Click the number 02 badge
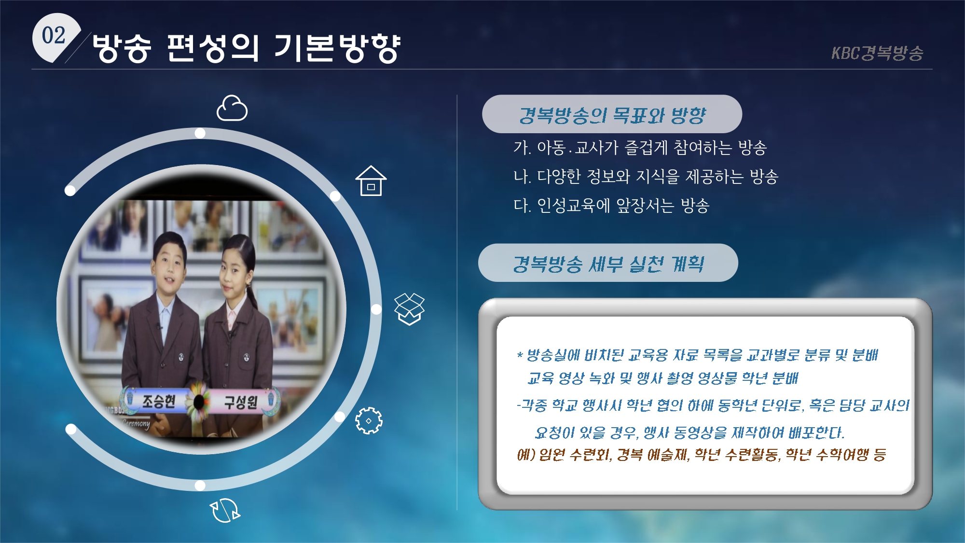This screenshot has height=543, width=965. (x=54, y=37)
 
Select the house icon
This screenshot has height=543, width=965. (x=371, y=181)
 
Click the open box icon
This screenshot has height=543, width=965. (x=409, y=309)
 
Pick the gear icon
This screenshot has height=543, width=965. (x=369, y=420)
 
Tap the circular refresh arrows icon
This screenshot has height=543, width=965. (x=225, y=510)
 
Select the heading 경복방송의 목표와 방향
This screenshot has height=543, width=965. (x=612, y=115)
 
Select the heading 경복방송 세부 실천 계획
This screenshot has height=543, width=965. (x=608, y=264)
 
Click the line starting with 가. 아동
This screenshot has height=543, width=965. (x=640, y=148)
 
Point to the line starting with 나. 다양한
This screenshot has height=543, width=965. (x=646, y=177)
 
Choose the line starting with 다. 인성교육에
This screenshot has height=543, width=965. (x=611, y=206)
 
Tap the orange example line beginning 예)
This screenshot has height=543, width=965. (x=702, y=454)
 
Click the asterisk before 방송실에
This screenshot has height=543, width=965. (x=520, y=356)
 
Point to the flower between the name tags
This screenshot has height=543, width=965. (x=198, y=401)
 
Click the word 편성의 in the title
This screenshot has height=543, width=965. (x=213, y=48)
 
